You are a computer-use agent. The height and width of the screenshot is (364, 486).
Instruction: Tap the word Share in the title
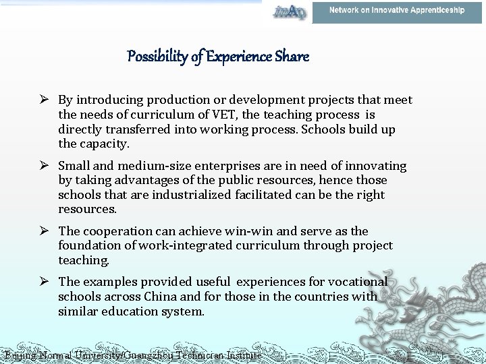292,57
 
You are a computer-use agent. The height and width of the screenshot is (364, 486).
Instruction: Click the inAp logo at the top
289,11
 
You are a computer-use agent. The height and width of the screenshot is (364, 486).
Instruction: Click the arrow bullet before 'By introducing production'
45,100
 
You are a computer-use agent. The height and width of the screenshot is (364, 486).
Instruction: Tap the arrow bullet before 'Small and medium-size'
45,166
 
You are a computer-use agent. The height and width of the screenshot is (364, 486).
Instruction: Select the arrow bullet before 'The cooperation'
45,231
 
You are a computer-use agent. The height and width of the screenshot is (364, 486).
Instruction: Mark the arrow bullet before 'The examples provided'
45,282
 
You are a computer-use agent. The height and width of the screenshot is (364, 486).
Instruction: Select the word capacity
104,144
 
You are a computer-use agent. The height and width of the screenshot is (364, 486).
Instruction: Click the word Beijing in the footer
18,355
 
